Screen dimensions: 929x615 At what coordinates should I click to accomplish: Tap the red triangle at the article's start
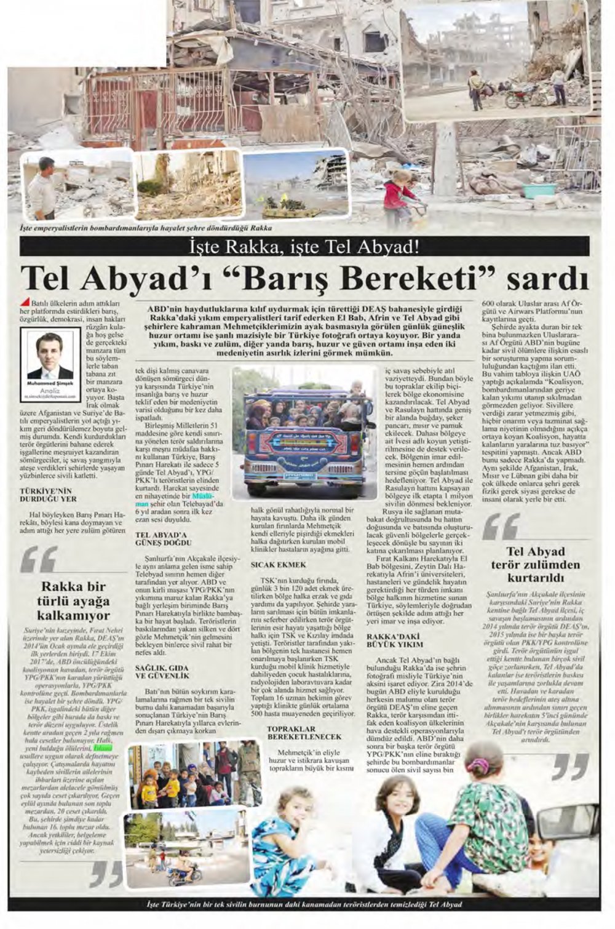(x=25, y=301)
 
